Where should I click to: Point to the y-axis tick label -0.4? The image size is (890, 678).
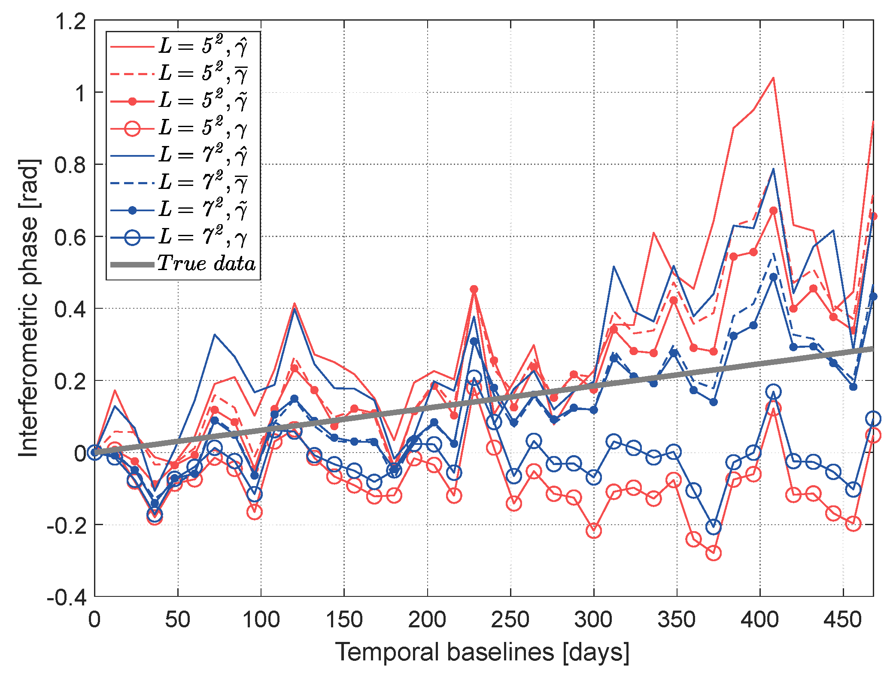pyautogui.click(x=66, y=597)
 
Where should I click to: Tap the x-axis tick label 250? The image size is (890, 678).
pyautogui.click(x=510, y=620)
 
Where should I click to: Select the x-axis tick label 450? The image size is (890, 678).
pyautogui.click(x=843, y=620)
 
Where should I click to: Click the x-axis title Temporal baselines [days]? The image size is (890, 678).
pyautogui.click(x=482, y=652)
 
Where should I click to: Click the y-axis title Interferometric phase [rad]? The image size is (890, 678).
pyautogui.click(x=29, y=308)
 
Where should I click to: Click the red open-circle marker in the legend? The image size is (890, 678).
pyautogui.click(x=133, y=128)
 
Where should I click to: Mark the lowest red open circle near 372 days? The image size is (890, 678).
pyautogui.click(x=714, y=553)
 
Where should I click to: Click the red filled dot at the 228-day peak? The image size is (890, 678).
pyautogui.click(x=474, y=289)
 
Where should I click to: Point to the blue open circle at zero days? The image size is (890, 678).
pyautogui.click(x=95, y=452)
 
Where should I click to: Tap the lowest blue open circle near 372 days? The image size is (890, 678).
pyautogui.click(x=714, y=526)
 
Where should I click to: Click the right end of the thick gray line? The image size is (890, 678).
pyautogui.click(x=872, y=349)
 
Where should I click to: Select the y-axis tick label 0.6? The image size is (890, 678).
pyautogui.click(x=70, y=237)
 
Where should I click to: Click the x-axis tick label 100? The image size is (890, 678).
pyautogui.click(x=261, y=620)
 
